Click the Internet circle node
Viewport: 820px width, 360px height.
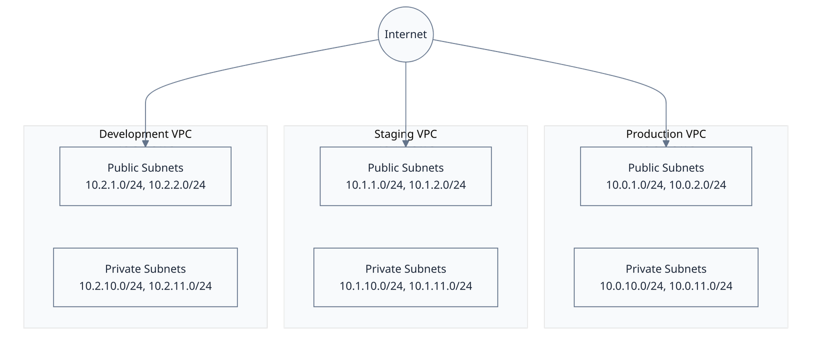click(x=405, y=34)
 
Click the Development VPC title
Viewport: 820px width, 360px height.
click(x=145, y=134)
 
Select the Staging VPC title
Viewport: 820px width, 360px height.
click(x=405, y=134)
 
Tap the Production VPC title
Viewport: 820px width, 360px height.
click(x=665, y=134)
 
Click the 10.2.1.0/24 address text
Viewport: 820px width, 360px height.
click(x=114, y=185)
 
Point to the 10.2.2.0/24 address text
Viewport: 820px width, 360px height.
click(x=177, y=185)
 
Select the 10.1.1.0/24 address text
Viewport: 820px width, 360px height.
click(x=374, y=185)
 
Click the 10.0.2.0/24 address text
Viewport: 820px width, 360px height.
click(x=697, y=185)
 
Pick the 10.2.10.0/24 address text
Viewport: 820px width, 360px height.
click(x=111, y=286)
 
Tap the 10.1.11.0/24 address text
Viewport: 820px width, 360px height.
click(x=440, y=286)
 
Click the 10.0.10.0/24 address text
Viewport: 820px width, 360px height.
click(x=632, y=286)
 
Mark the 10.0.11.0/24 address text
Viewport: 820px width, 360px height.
click(x=701, y=286)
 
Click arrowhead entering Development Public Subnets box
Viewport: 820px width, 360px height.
click(x=145, y=143)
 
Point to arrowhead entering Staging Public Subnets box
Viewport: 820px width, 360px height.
click(x=405, y=143)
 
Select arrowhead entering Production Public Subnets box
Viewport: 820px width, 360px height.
click(x=666, y=143)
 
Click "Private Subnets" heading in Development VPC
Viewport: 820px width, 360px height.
click(x=145, y=269)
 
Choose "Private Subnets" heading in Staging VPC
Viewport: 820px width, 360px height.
click(x=405, y=269)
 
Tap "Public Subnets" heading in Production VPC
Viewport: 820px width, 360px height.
click(x=665, y=168)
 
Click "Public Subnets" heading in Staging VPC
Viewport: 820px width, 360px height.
click(x=405, y=168)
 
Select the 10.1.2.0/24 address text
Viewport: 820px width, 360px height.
click(x=437, y=185)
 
